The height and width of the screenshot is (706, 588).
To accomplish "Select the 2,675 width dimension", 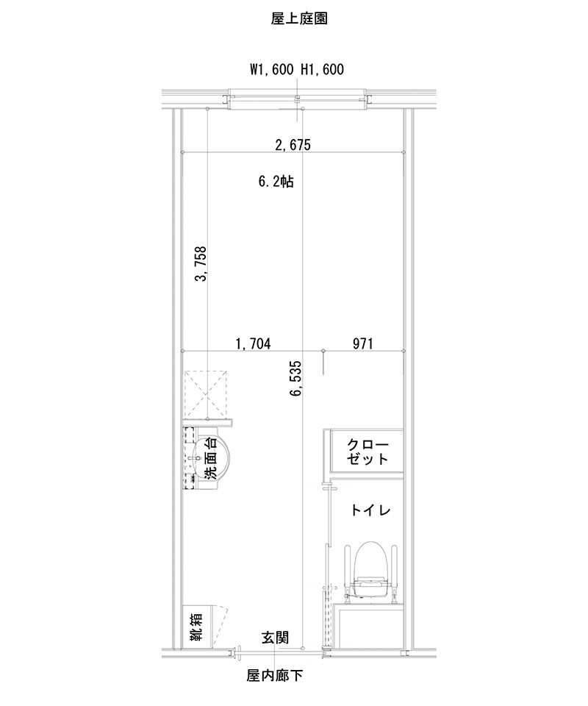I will pyautogui.click(x=293, y=145).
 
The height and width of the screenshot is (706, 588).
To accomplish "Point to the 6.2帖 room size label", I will pyautogui.click(x=276, y=182).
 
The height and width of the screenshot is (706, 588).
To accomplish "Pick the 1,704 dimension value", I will pyautogui.click(x=253, y=343).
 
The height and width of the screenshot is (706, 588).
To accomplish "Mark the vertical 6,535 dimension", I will pyautogui.click(x=295, y=379).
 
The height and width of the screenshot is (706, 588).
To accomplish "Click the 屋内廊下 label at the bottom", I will pyautogui.click(x=275, y=674).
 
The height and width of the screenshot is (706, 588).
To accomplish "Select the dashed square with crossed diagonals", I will pyautogui.click(x=208, y=395).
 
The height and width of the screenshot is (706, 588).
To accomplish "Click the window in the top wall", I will pyautogui.click(x=297, y=99).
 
